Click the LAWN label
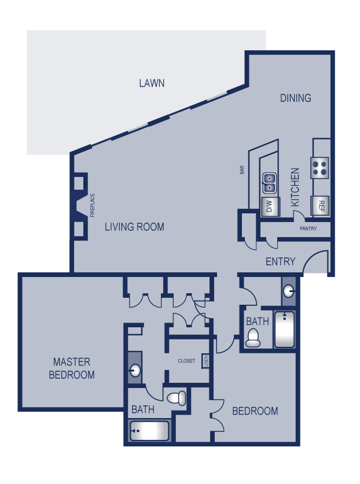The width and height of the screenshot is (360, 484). (x=152, y=83)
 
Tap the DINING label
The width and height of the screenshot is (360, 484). (x=295, y=98)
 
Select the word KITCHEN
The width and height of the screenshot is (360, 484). (x=295, y=187)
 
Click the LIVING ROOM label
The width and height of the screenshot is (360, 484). (x=134, y=227)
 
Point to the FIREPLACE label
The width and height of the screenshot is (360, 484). (x=92, y=206)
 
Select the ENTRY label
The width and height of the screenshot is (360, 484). (x=280, y=261)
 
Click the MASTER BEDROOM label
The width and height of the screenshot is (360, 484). (x=72, y=368)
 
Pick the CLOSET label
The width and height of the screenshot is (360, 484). (x=186, y=361)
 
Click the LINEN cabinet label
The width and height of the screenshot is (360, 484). (x=205, y=360)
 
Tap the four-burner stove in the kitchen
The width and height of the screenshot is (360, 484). (x=320, y=167)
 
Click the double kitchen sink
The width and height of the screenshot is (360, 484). (x=270, y=183)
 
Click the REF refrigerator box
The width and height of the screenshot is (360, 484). (x=320, y=205)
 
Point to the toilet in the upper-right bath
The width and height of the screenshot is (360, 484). (x=253, y=338)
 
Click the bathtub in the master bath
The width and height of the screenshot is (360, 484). (x=150, y=431)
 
